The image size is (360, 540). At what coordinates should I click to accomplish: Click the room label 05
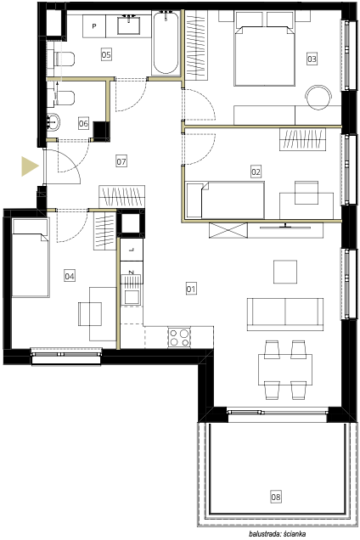point(106,54)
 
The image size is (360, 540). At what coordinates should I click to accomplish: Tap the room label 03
point(312,59)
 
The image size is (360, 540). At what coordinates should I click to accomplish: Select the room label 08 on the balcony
point(276,497)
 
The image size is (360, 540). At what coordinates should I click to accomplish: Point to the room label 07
point(121,160)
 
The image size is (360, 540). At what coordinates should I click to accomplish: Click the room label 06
point(83,123)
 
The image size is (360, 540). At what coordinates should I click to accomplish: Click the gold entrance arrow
point(30,166)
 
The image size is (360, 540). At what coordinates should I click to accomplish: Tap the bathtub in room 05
point(166,42)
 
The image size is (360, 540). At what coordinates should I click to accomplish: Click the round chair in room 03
point(318,98)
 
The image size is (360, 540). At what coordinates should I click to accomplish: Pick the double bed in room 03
point(265,48)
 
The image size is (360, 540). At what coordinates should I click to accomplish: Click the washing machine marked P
point(94,26)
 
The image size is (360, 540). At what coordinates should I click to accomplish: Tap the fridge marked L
point(132,250)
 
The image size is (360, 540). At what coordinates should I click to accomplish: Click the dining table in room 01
point(285,369)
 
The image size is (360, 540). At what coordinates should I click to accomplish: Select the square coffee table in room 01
point(285,272)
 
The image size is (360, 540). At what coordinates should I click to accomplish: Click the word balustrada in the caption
point(264,534)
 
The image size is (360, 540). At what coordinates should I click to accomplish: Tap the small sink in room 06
point(53,122)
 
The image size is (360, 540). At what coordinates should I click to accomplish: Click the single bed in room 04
point(31,257)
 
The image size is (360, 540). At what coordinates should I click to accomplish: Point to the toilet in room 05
point(64,59)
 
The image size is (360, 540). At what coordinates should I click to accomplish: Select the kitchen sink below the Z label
point(132,297)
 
